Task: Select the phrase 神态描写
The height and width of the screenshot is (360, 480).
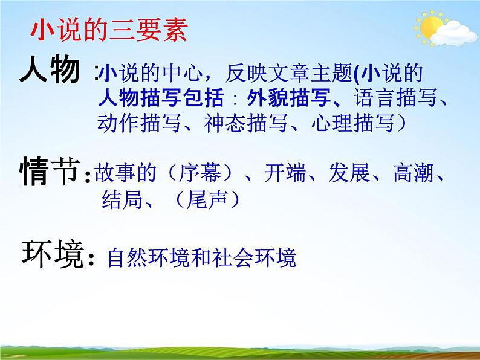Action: (x=233, y=123)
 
